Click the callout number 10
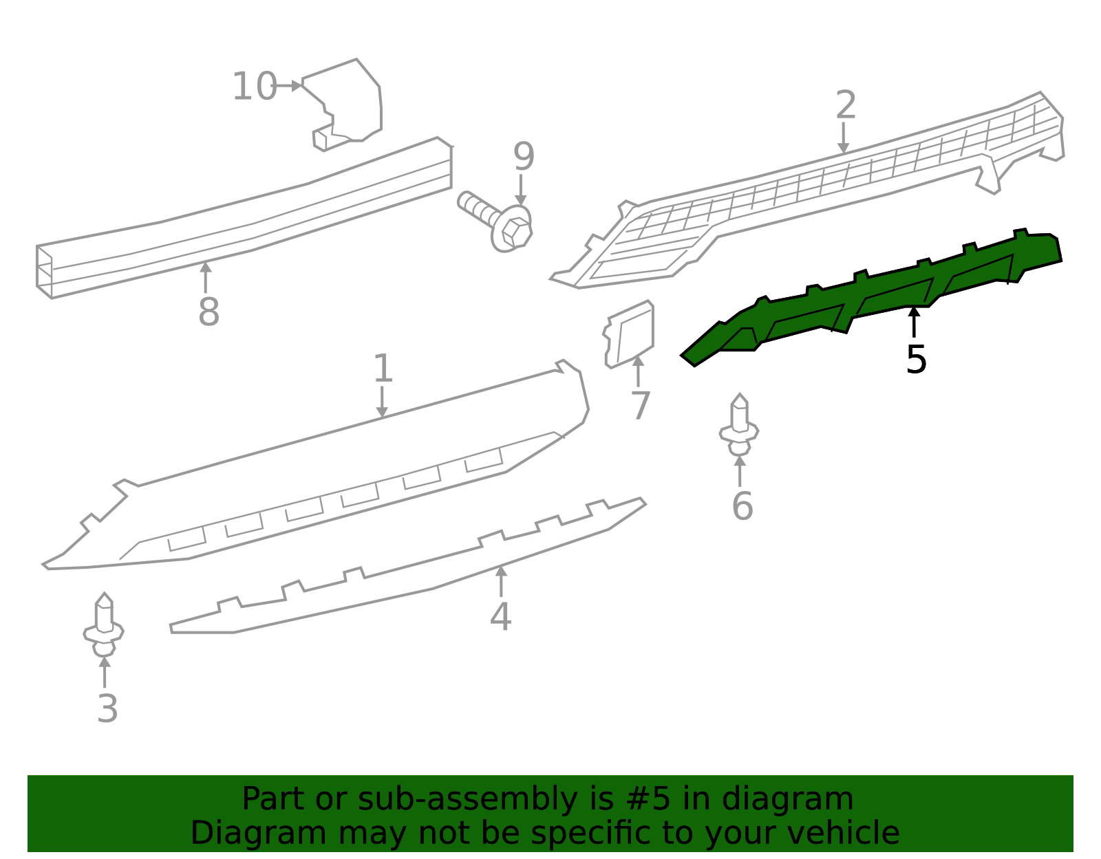254,87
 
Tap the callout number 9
524,157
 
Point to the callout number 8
209,312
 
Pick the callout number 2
846,105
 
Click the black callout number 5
916,360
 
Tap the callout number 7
641,406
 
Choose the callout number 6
742,506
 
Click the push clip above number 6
739,426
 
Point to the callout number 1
383,369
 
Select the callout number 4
500,616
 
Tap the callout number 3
107,709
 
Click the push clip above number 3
104,625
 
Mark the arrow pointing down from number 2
843,138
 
